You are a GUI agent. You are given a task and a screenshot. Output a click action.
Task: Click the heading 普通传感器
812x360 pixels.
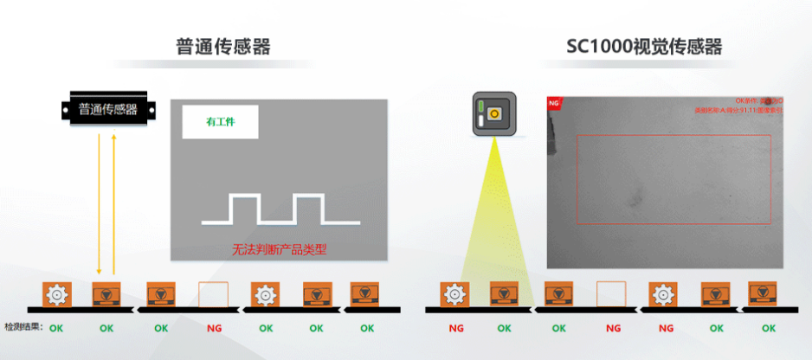222,46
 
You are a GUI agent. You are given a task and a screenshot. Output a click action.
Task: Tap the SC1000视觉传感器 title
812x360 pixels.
644,46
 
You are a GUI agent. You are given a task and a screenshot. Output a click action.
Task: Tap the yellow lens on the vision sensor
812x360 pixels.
495,113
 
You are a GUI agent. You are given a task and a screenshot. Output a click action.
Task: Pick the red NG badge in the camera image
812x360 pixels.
554,102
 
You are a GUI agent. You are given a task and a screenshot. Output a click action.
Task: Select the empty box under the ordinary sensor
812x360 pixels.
214,294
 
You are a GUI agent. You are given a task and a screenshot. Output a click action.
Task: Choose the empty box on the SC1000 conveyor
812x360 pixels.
613,294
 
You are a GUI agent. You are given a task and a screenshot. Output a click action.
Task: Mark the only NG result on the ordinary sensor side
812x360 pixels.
214,328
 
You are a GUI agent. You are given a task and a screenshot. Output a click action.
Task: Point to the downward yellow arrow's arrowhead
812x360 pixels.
100,270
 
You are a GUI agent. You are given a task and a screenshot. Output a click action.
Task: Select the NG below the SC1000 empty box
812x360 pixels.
613,328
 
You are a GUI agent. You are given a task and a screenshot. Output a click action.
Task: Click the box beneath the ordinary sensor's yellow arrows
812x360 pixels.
107,294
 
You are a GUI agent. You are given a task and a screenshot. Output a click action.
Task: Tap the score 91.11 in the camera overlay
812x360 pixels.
735,111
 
